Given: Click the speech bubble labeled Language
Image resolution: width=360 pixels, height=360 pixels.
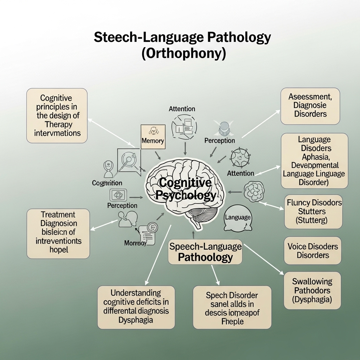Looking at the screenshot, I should (x=237, y=218).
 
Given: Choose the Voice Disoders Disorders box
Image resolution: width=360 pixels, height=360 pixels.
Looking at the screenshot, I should (x=313, y=251).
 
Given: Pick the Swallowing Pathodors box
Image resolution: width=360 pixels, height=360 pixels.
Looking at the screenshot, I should (x=312, y=290).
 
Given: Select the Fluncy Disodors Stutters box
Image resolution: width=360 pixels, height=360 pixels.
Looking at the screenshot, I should (x=313, y=212).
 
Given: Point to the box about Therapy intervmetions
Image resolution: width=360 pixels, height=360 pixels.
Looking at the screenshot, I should (x=57, y=115).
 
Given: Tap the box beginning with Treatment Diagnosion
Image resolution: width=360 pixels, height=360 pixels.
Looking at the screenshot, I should (x=58, y=232).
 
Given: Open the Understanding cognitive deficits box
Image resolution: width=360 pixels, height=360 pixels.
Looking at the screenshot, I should (x=136, y=306).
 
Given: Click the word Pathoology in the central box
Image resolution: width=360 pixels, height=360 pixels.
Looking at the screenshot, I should (x=205, y=257).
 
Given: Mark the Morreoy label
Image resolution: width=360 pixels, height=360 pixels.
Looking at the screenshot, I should (x=135, y=243).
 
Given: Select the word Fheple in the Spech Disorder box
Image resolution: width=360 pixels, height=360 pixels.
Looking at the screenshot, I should (x=232, y=322).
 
